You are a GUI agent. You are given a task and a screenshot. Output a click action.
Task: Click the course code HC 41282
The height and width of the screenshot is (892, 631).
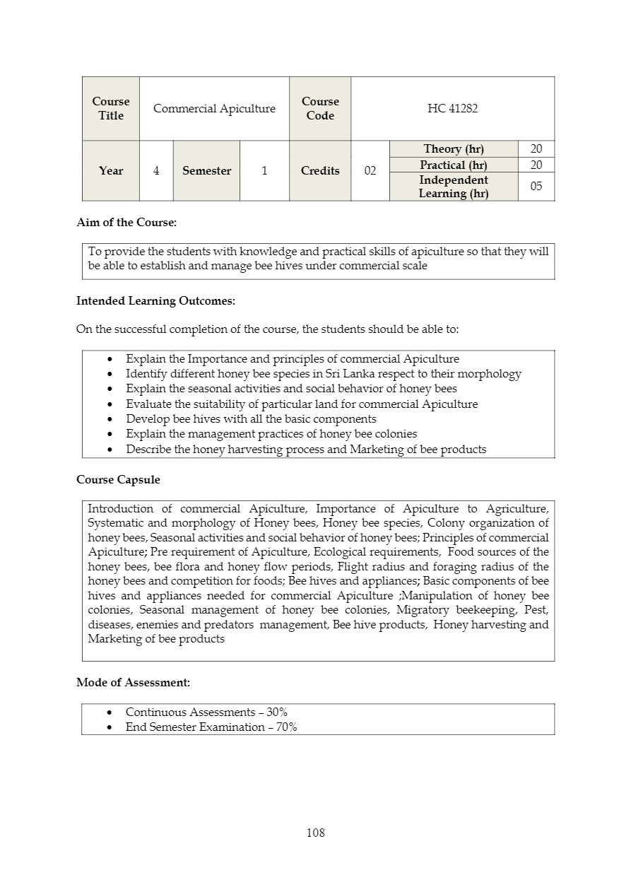tap(452, 108)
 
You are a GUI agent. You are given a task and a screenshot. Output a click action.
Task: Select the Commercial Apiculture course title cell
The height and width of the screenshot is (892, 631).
tap(214, 108)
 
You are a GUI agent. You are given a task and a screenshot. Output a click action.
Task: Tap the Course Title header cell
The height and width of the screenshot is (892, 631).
tap(111, 108)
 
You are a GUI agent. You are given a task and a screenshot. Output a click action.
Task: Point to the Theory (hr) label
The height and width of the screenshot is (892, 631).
tap(454, 148)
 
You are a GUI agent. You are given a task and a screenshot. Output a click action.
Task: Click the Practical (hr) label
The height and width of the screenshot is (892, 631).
tap(454, 165)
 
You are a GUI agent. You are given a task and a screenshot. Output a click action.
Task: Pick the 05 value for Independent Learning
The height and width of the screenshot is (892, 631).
tap(536, 187)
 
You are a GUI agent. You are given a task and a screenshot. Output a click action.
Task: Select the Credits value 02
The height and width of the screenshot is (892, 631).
tap(370, 170)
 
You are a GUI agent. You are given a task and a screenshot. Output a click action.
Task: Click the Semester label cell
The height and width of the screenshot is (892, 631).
tap(206, 170)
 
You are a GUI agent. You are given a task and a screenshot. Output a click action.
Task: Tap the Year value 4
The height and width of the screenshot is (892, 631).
tap(156, 170)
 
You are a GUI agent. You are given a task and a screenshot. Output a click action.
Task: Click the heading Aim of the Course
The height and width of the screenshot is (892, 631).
tap(126, 222)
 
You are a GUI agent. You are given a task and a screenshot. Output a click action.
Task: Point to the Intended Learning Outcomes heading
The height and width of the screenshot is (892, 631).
tap(155, 300)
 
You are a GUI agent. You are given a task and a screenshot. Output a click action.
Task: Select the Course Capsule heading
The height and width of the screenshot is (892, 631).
tap(118, 479)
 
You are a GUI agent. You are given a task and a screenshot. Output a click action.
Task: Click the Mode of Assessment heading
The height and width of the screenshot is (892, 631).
tap(133, 682)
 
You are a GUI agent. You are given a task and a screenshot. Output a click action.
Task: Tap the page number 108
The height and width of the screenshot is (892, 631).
tap(315, 833)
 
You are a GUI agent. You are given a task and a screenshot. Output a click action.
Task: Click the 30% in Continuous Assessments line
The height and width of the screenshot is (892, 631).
tap(277, 712)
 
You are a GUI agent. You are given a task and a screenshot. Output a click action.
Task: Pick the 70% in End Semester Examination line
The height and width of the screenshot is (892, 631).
tap(286, 727)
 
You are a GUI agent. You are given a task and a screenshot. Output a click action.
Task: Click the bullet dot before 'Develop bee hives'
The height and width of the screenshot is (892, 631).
tap(110, 419)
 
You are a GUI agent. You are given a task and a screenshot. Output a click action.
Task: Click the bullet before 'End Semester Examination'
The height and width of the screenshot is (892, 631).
tap(110, 727)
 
